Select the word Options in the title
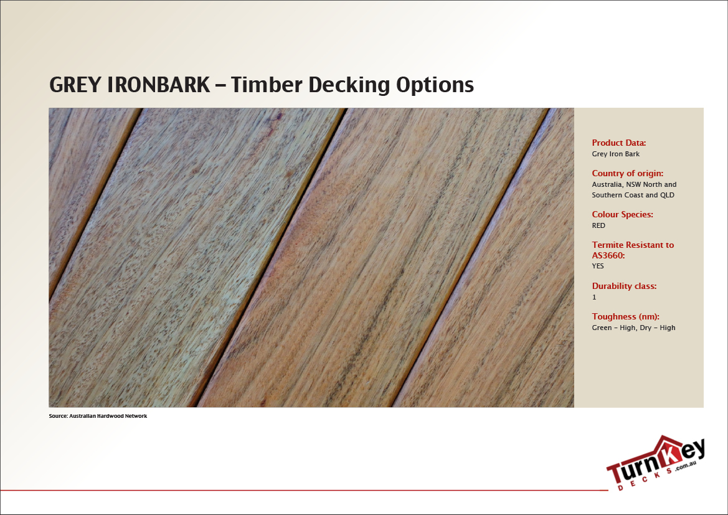[x=435, y=85]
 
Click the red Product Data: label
[x=619, y=143]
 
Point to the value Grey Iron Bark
[x=615, y=154]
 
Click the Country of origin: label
[x=627, y=173]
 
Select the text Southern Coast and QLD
[x=633, y=195]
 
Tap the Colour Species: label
[x=622, y=214]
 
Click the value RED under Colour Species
[x=598, y=225]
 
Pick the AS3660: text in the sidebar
[x=608, y=255]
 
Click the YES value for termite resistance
[x=598, y=266]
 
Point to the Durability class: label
[x=624, y=286]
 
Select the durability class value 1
[x=594, y=298]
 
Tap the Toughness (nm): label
[x=625, y=316]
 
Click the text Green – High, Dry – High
[x=633, y=328]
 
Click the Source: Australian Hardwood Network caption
[x=98, y=415]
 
